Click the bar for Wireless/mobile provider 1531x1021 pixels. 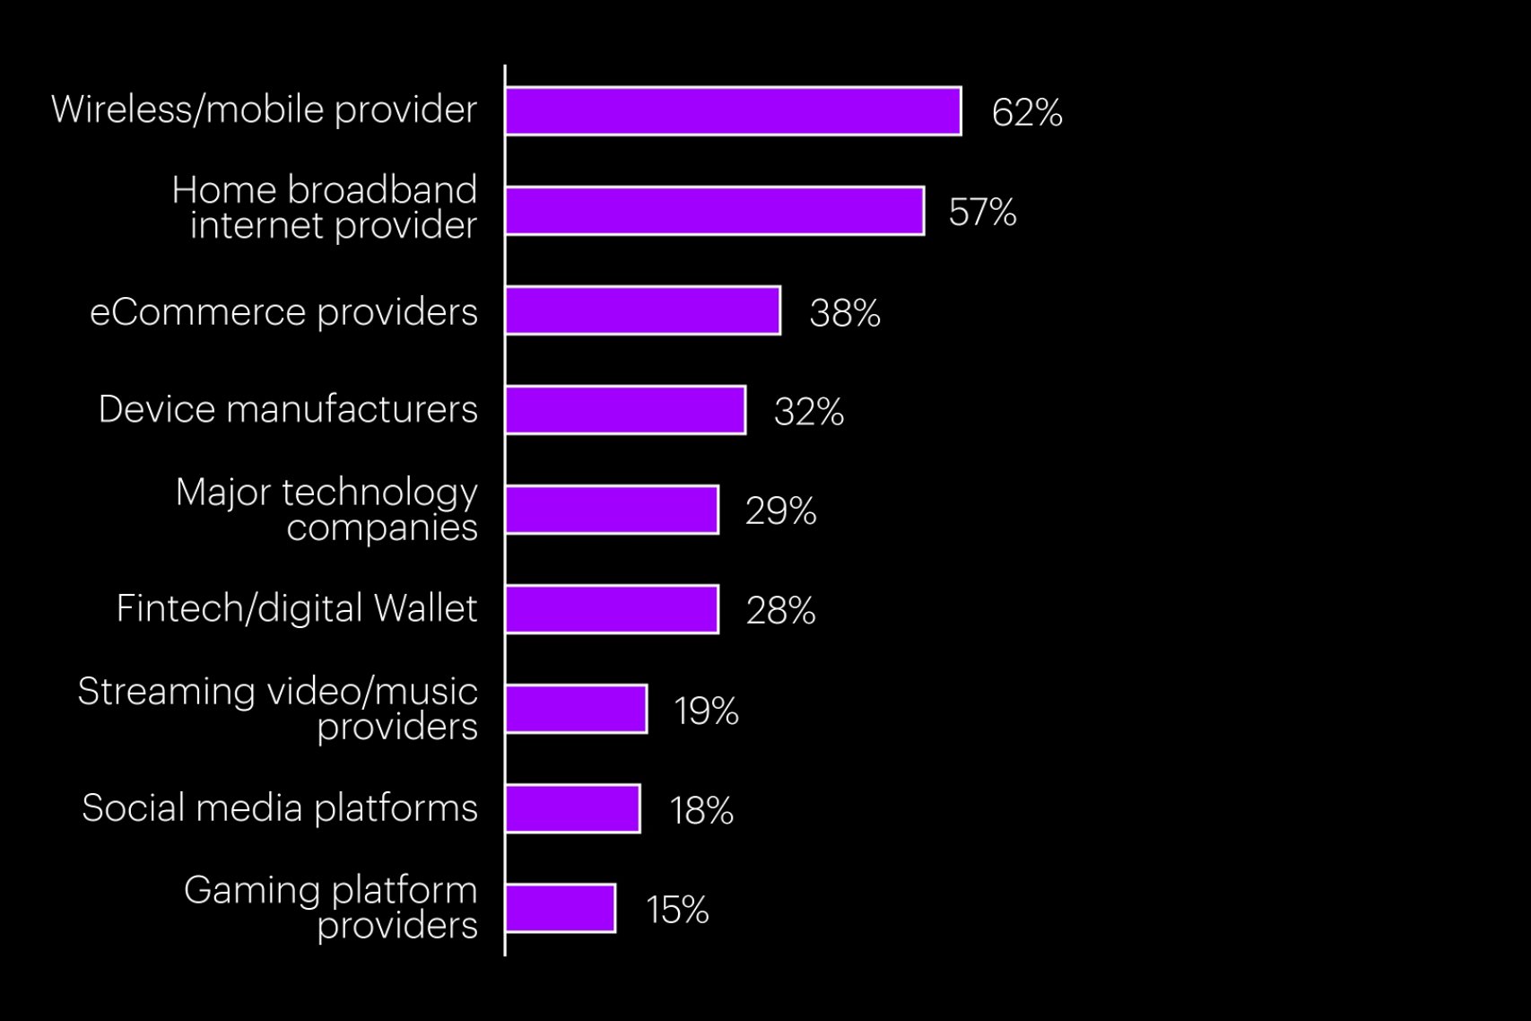click(733, 111)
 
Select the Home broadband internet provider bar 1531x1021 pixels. click(714, 211)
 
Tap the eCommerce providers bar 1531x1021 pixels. click(642, 310)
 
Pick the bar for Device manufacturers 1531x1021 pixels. click(625, 410)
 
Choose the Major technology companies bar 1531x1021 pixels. click(612, 510)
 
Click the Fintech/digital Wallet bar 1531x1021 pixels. click(612, 609)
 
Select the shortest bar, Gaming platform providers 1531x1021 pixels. click(560, 908)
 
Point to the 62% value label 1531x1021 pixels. click(1027, 113)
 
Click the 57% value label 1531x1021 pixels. click(982, 213)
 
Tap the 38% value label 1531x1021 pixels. click(844, 313)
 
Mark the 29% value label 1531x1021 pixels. click(780, 511)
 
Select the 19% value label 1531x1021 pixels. click(706, 711)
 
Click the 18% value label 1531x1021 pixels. click(701, 811)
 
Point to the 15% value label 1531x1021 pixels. click(677, 911)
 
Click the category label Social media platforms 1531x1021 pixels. click(280, 807)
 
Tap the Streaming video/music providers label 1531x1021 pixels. click(278, 708)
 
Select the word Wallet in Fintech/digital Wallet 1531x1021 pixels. click(425, 608)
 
